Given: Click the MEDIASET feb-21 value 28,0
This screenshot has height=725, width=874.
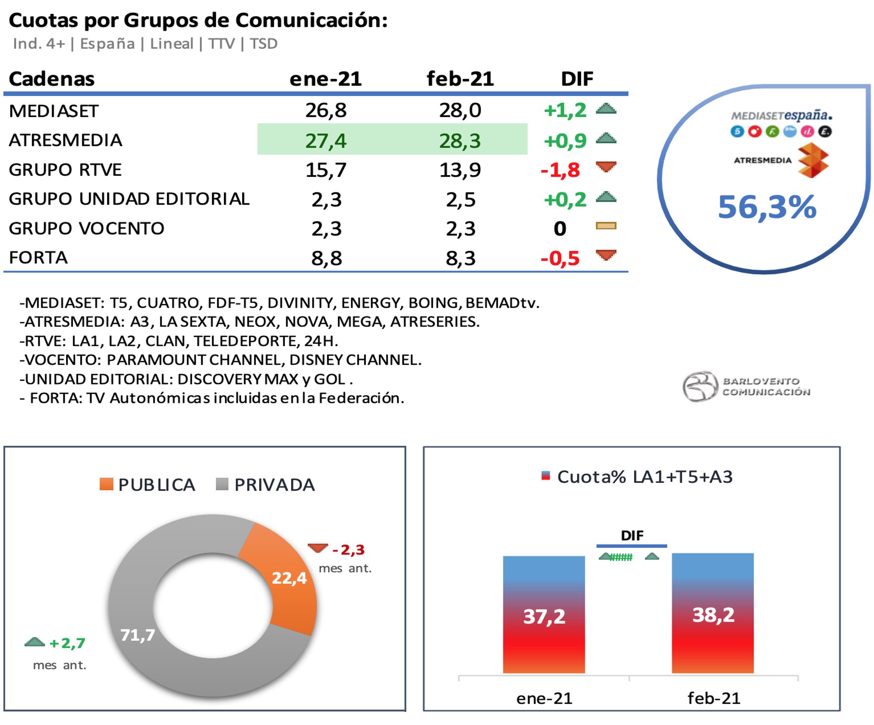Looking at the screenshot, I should pyautogui.click(x=460, y=110).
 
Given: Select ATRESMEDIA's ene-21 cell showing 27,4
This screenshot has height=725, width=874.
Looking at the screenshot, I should pyautogui.click(x=326, y=141).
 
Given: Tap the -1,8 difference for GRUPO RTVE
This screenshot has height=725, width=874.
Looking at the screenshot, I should pyautogui.click(x=560, y=170).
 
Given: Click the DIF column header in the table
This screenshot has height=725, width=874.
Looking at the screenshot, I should pyautogui.click(x=577, y=79).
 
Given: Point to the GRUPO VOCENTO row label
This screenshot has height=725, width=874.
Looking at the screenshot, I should pyautogui.click(x=87, y=229).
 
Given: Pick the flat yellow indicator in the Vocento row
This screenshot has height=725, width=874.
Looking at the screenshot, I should pyautogui.click(x=606, y=226).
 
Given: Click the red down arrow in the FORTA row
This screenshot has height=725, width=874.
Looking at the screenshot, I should pyautogui.click(x=606, y=255).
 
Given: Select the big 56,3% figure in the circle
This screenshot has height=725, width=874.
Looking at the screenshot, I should pyautogui.click(x=767, y=207).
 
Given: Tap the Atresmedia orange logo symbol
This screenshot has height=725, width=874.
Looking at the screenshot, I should pyautogui.click(x=812, y=161).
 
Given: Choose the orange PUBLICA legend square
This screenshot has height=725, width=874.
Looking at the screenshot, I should pyautogui.click(x=106, y=484).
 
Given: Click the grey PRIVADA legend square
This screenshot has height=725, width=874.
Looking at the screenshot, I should pyautogui.click(x=222, y=484).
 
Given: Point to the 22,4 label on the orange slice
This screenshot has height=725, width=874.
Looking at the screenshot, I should pyautogui.click(x=289, y=578).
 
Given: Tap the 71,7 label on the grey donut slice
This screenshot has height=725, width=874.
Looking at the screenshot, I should pyautogui.click(x=138, y=635).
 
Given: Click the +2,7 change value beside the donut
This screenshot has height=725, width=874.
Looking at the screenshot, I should pyautogui.click(x=67, y=643).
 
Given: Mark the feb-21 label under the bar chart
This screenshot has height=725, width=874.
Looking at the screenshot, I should pyautogui.click(x=713, y=698).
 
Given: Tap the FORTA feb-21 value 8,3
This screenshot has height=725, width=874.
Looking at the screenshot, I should pyautogui.click(x=460, y=258).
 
